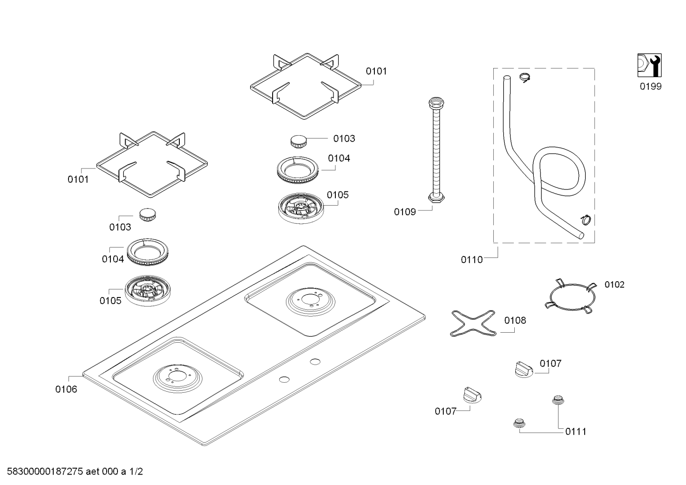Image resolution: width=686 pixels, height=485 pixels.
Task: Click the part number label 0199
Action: pyautogui.click(x=650, y=86)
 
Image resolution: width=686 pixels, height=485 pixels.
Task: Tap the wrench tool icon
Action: pyautogui.click(x=649, y=65)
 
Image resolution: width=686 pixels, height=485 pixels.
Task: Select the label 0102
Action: pyautogui.click(x=614, y=285)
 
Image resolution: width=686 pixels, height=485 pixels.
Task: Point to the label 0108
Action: pyautogui.click(x=515, y=320)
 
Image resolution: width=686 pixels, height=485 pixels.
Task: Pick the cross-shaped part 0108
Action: pyautogui.click(x=473, y=324)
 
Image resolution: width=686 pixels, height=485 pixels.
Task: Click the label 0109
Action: pyautogui.click(x=404, y=212)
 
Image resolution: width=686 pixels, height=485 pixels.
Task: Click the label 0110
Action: pyautogui.click(x=471, y=259)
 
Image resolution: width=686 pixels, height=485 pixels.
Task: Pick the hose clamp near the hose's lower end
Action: pyautogui.click(x=585, y=219)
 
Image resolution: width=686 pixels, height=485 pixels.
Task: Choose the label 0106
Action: pyautogui.click(x=66, y=389)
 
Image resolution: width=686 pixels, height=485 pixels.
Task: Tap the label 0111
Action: pyautogui.click(x=576, y=432)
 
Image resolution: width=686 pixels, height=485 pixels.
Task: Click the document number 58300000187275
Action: pyautogui.click(x=43, y=472)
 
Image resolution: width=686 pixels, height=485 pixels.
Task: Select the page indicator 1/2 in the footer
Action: pyautogui.click(x=136, y=472)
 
